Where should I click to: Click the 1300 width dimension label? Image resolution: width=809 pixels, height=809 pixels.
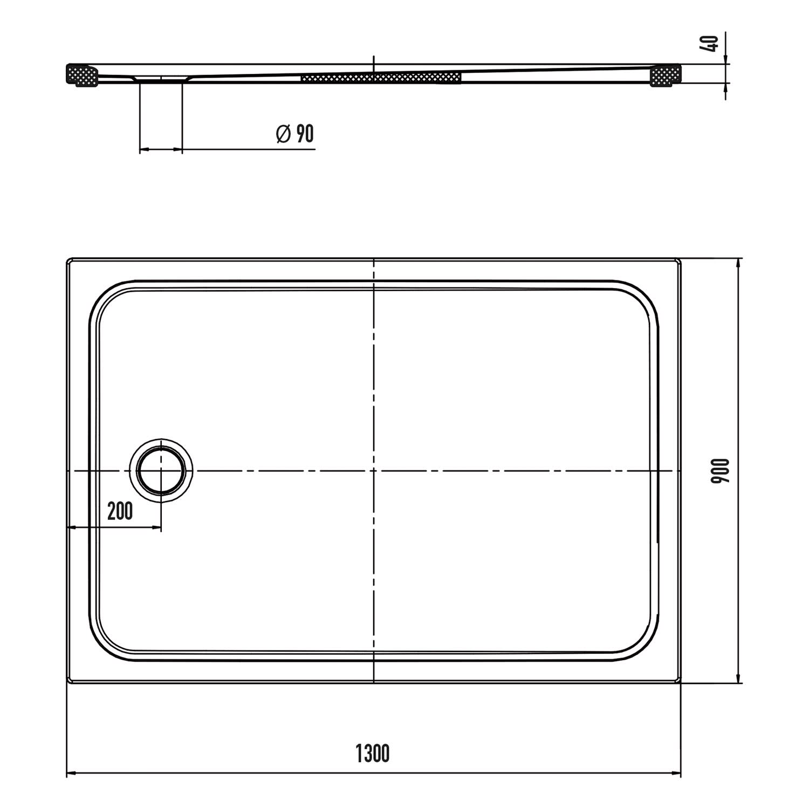(x=373, y=753)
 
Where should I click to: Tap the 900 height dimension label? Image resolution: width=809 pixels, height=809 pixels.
(x=720, y=471)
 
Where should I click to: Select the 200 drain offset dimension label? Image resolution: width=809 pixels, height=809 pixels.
(x=120, y=511)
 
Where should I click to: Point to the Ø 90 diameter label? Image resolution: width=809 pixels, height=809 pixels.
(x=295, y=133)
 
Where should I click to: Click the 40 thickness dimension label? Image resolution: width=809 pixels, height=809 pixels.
(x=712, y=43)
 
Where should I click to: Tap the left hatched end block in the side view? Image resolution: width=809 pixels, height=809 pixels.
(x=82, y=75)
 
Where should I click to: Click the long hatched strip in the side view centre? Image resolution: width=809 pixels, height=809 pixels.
(x=381, y=77)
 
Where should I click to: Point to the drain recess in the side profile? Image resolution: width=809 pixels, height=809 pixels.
(x=161, y=79)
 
